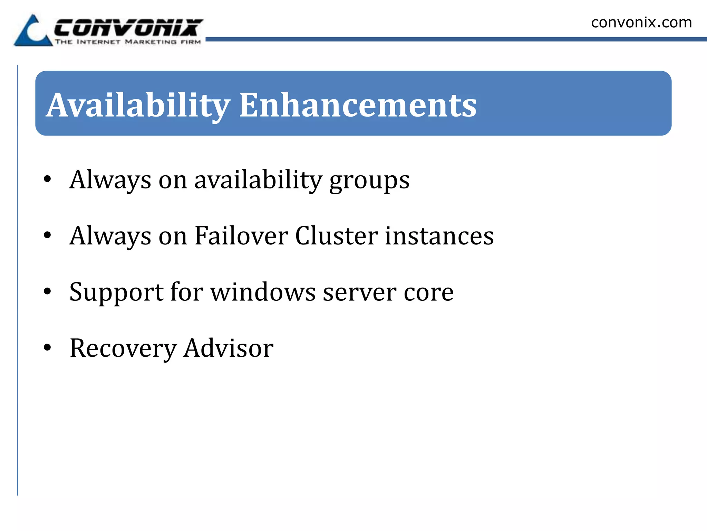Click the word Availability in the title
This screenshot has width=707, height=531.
click(x=138, y=105)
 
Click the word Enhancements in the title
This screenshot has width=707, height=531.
click(x=358, y=105)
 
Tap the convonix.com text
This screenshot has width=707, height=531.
click(x=641, y=22)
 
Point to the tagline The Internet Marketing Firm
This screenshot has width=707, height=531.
click(x=128, y=42)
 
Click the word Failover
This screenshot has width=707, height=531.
click(x=241, y=236)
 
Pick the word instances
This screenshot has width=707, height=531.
click(x=439, y=236)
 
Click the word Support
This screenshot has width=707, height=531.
click(x=116, y=292)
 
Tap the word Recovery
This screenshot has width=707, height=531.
click(x=123, y=348)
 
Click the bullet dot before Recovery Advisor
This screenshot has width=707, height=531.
click(x=47, y=347)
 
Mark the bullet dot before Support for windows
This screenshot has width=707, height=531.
click(x=47, y=291)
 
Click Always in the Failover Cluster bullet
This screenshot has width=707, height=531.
click(x=110, y=236)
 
